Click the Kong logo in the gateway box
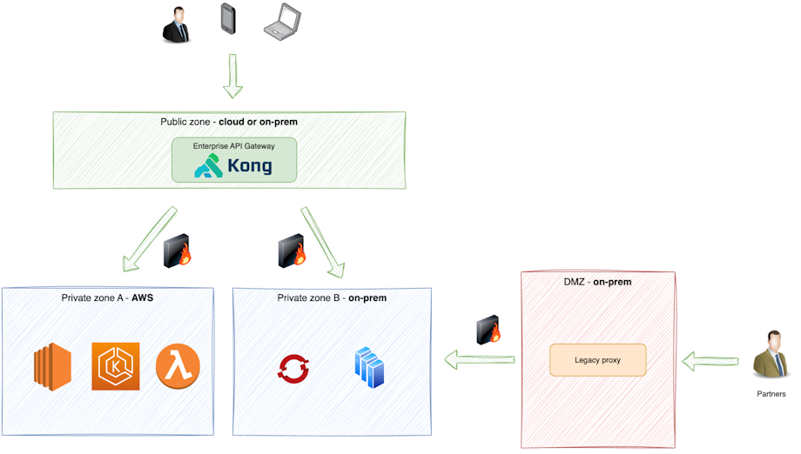233,165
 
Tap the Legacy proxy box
597,360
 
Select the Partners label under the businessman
771,394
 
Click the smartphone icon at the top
228,19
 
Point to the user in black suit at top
176,23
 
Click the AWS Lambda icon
178,366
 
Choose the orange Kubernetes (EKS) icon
115,366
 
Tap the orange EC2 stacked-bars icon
52,367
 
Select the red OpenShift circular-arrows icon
293,368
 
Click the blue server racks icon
369,367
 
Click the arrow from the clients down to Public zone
232,76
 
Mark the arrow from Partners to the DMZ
710,359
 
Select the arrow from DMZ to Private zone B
479,358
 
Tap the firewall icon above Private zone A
178,250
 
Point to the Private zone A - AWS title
108,298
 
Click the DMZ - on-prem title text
597,282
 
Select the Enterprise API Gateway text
233,146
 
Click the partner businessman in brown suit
770,355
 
